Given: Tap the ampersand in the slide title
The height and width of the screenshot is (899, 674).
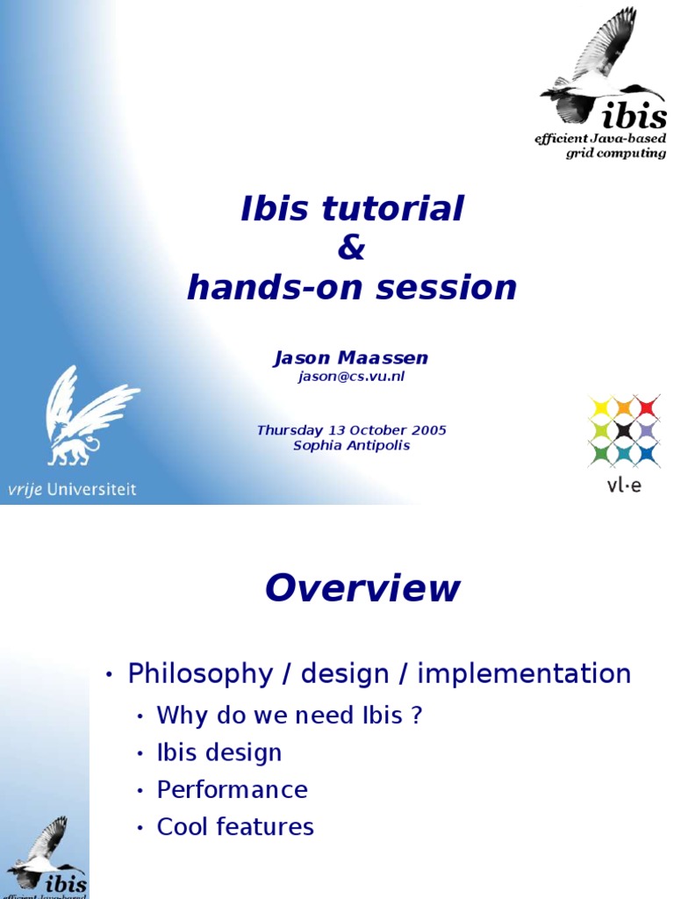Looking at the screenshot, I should point(351,248).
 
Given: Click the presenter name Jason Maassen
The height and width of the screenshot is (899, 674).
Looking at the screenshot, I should point(351,358).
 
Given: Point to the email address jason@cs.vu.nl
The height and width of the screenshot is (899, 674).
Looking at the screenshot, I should point(351,377).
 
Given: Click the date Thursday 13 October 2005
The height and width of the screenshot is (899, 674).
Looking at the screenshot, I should point(351,430).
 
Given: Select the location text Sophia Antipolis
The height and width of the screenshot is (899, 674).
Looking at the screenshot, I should point(351,445).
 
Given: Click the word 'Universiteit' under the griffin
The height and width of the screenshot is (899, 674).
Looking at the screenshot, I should point(93,490).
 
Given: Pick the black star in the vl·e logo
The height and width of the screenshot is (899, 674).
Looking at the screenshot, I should point(623,430).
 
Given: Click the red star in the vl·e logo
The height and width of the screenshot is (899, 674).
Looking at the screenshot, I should point(647,406).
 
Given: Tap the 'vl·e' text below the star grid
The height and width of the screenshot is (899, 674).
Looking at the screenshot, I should point(623,485).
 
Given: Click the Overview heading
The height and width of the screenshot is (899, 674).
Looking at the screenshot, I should point(362,588).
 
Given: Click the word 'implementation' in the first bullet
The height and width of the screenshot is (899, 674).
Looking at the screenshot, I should point(524,674).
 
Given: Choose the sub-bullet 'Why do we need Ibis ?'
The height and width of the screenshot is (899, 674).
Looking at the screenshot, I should point(290,716).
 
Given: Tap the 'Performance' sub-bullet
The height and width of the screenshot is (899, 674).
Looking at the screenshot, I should point(232,789).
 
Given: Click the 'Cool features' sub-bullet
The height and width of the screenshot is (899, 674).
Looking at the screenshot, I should point(234,827).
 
